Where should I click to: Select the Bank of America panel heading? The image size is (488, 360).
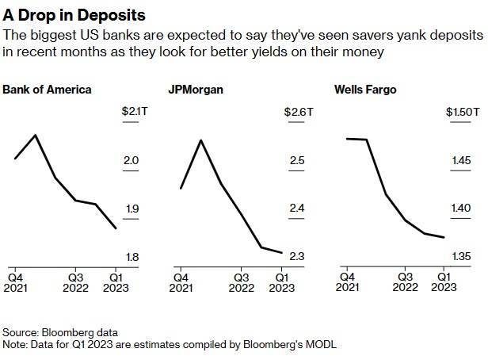click(x=47, y=89)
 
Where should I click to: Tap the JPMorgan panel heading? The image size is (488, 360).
click(x=196, y=89)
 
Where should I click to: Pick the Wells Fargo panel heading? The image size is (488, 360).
click(x=364, y=89)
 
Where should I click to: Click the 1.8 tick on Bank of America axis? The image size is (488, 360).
click(x=132, y=256)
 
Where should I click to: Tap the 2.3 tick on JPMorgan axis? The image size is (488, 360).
click(x=297, y=256)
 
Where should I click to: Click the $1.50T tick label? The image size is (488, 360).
click(x=463, y=113)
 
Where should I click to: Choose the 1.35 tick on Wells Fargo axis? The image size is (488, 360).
click(x=463, y=256)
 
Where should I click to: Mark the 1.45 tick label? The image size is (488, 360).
click(x=463, y=161)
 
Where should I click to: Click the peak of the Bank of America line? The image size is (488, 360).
click(x=36, y=136)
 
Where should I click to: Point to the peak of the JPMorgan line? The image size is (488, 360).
click(x=200, y=140)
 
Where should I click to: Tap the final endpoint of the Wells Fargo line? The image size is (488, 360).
click(x=444, y=237)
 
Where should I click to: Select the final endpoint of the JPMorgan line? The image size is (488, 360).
click(x=282, y=253)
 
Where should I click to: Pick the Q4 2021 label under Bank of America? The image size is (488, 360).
click(x=15, y=283)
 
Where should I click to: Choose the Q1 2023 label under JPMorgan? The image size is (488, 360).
click(x=282, y=283)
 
